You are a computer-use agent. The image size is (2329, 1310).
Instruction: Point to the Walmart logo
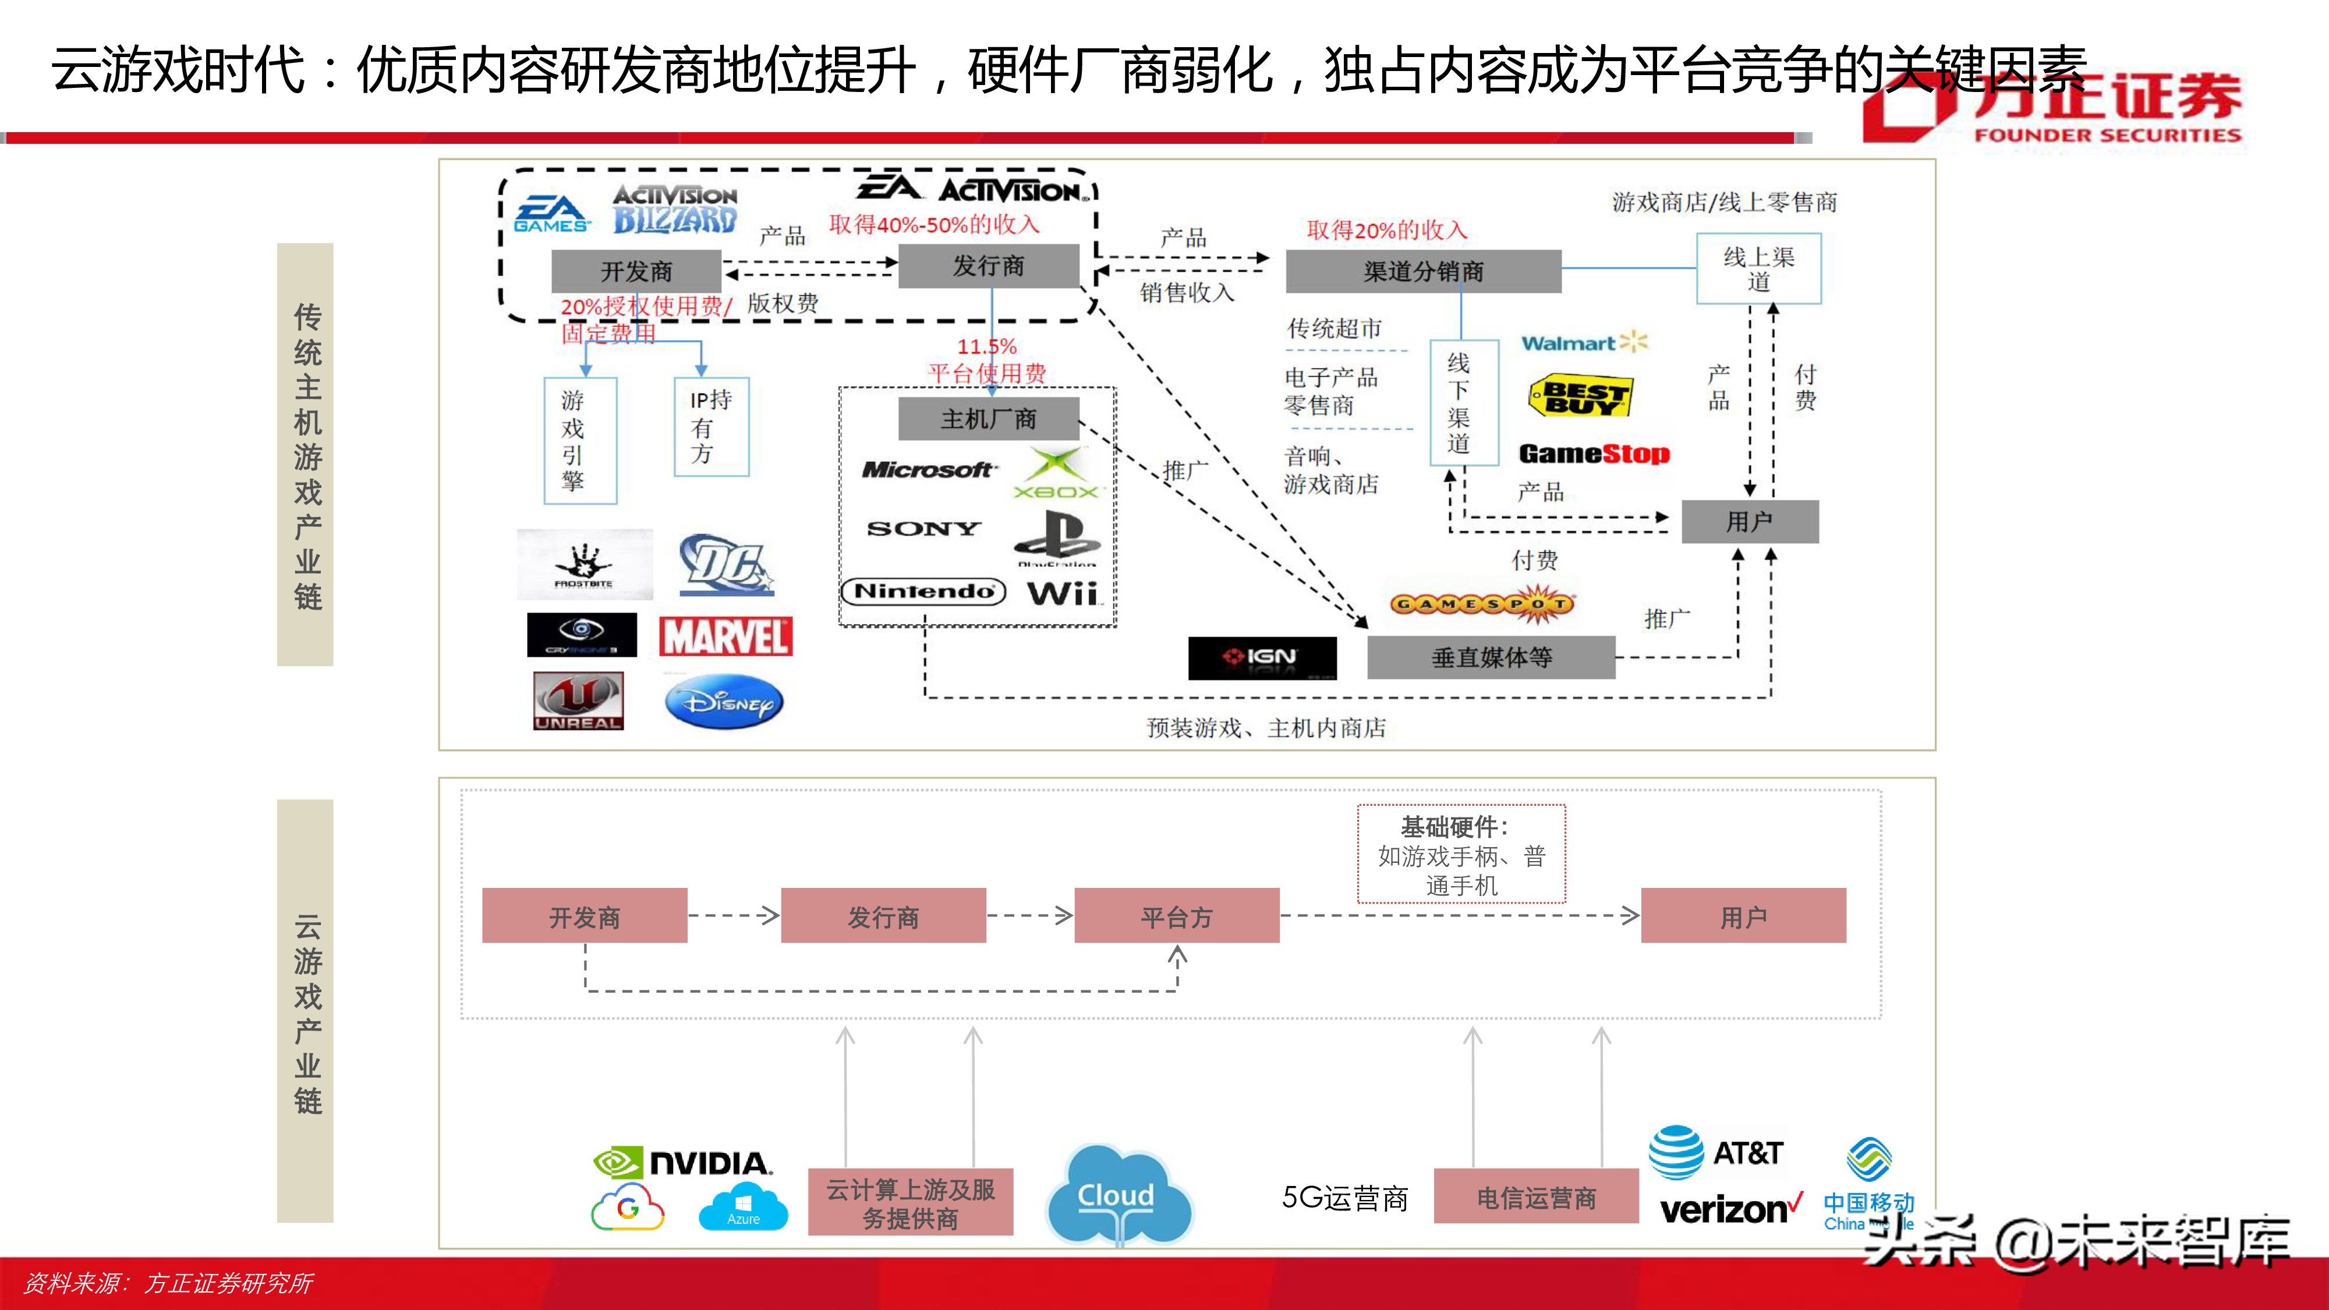coord(1584,343)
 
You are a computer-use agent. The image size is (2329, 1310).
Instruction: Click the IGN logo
coord(1261,657)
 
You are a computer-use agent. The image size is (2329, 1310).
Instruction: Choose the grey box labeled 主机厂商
coord(988,419)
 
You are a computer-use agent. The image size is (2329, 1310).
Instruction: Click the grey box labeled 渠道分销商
coord(1423,271)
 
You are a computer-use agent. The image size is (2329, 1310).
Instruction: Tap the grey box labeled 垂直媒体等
coord(1491,657)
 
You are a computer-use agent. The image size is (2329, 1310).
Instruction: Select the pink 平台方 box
coord(1176,916)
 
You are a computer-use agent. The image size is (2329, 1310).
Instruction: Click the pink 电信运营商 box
coord(1535,1197)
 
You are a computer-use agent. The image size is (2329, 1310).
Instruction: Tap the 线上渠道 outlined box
coord(1758,268)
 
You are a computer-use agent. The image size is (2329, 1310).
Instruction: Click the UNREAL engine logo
coord(578,700)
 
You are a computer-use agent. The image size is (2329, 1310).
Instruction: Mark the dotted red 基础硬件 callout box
coord(1461,854)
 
